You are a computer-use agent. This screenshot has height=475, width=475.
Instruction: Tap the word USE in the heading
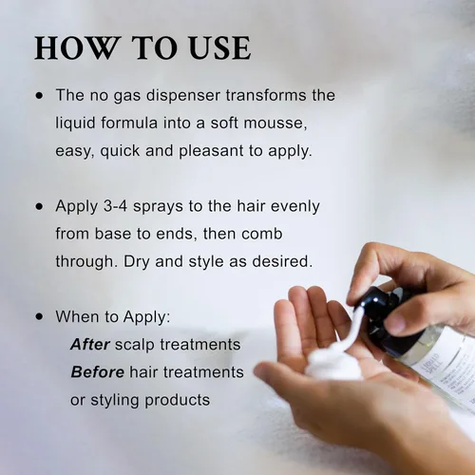coord(219,48)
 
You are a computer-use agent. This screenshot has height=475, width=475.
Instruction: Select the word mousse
coord(275,123)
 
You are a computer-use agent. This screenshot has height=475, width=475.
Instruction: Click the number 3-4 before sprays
coord(115,206)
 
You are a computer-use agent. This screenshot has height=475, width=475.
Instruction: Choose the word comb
coord(261,234)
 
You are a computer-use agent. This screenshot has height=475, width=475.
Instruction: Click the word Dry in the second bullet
coord(136,262)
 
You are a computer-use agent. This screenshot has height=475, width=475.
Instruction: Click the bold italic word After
coord(90,344)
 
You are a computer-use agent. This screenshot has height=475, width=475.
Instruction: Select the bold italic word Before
coord(98,371)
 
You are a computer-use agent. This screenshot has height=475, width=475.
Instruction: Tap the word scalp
coord(134,345)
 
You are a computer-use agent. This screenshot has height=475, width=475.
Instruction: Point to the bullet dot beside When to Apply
coord(39,316)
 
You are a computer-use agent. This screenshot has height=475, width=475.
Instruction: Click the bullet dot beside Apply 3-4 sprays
coord(39,206)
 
